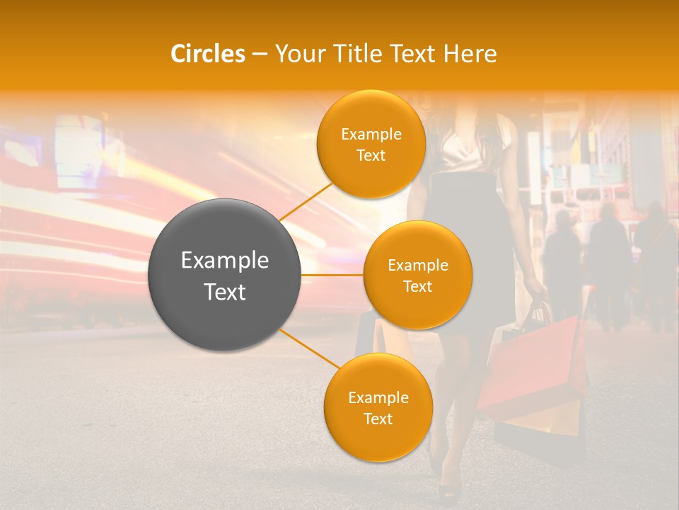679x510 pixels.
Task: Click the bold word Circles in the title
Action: point(207,54)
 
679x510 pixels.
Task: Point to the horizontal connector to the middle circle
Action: point(332,275)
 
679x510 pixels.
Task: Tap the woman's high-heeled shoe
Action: point(450,489)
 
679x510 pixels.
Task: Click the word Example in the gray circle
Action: point(224,261)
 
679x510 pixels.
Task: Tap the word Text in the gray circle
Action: point(224,292)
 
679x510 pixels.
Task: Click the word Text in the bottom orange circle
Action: point(378,419)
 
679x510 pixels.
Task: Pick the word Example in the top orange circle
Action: point(371,134)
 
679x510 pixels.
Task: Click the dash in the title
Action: point(260,54)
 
